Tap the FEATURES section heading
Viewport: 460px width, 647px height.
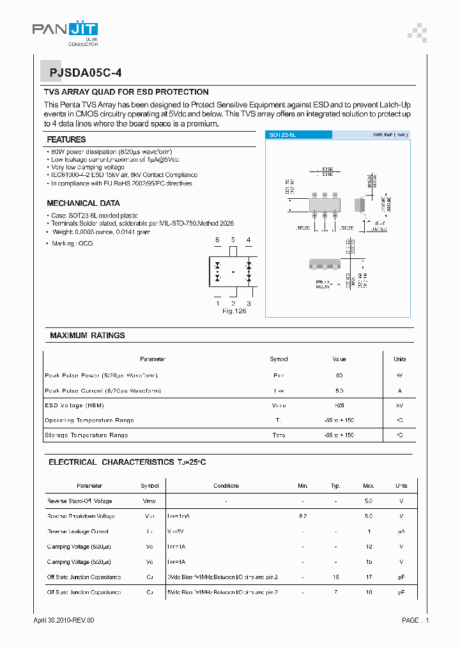[x=66, y=139]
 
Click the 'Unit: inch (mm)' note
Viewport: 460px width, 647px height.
[x=390, y=135]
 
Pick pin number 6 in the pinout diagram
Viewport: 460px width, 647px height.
[x=217, y=240]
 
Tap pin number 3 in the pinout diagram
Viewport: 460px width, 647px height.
[x=249, y=303]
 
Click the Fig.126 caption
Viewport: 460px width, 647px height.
[x=234, y=311]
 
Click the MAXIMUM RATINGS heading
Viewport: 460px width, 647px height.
[x=88, y=336]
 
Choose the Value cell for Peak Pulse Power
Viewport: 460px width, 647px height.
[x=339, y=375]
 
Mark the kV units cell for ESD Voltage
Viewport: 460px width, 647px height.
[x=399, y=405]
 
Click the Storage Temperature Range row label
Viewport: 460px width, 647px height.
[x=86, y=435]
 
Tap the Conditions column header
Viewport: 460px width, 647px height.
[x=226, y=486]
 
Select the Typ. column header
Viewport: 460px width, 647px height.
[x=335, y=486]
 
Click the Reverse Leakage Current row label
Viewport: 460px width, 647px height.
[x=78, y=531]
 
